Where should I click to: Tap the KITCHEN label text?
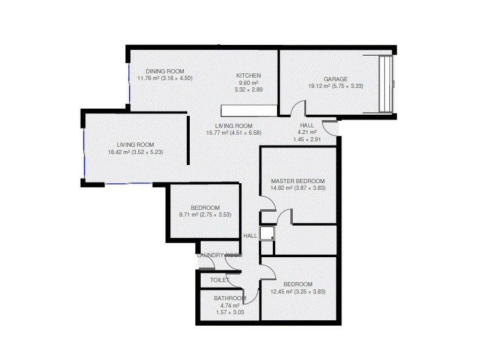249,76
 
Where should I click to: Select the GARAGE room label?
335,79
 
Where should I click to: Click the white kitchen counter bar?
249,110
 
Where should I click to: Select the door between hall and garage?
297,110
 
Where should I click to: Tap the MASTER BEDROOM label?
298,181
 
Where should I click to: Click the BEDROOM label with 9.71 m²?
205,207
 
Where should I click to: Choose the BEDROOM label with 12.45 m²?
298,285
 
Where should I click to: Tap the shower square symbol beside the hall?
267,234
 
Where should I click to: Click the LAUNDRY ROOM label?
219,255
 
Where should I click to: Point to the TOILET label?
219,280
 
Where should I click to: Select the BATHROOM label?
230,298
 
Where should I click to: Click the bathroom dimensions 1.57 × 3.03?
230,312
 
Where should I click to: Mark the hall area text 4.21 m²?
307,132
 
